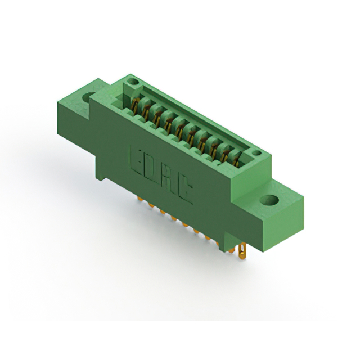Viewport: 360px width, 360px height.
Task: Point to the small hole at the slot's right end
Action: [256, 152]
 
